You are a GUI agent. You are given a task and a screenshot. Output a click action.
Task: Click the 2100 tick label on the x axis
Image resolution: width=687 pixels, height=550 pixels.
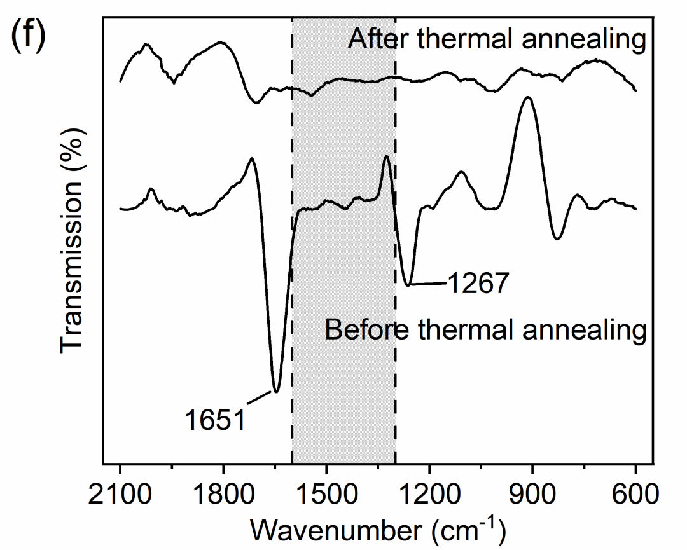120,494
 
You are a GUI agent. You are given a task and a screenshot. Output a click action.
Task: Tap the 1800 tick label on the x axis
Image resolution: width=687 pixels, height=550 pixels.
223,494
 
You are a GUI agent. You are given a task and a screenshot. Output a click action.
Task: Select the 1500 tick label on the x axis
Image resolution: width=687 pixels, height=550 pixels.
326,494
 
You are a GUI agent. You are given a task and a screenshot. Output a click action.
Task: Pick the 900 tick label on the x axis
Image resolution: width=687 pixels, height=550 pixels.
532,494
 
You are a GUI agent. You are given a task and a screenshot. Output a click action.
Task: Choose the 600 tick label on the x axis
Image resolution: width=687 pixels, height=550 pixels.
635,494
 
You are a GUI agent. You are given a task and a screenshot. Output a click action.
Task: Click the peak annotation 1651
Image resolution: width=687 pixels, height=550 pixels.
215,420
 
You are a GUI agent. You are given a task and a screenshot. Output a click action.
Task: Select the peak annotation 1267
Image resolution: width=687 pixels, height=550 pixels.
478,284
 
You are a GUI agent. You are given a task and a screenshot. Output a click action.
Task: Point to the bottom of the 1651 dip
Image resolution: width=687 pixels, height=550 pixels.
276,392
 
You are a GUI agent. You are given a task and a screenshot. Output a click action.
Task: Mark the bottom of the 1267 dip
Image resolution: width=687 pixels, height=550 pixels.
410,285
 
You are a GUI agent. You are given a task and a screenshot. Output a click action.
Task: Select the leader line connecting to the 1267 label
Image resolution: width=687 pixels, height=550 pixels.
429,284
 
